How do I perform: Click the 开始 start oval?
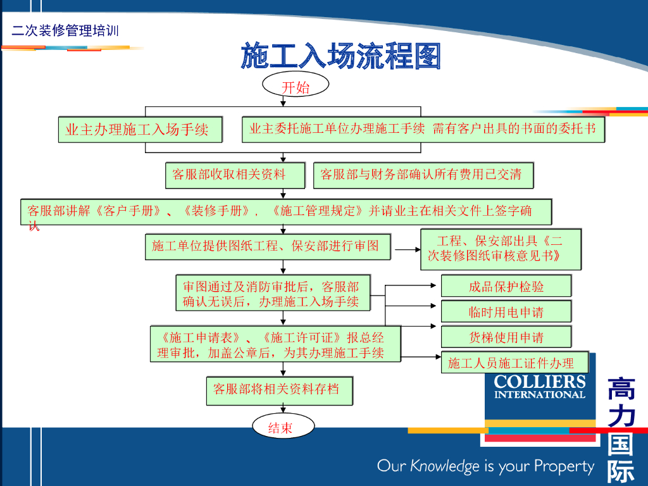point(296,87)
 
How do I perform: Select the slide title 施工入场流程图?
point(340,57)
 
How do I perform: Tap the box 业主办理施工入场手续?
point(141,130)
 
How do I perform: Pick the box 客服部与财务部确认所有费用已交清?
point(423,175)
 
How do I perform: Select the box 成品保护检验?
point(506,286)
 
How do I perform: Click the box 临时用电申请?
point(506,311)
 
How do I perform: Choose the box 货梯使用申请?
point(506,337)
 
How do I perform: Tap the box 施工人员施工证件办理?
point(514,363)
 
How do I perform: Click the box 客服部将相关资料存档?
point(279,390)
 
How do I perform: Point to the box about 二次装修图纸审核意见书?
point(500,249)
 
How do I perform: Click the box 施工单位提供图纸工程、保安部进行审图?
point(268,246)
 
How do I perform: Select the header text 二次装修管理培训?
point(65,30)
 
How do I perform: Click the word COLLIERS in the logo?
point(540,382)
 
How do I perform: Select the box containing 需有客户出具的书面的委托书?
point(423,129)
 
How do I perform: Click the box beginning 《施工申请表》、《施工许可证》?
point(275,344)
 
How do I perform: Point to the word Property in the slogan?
point(564,467)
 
